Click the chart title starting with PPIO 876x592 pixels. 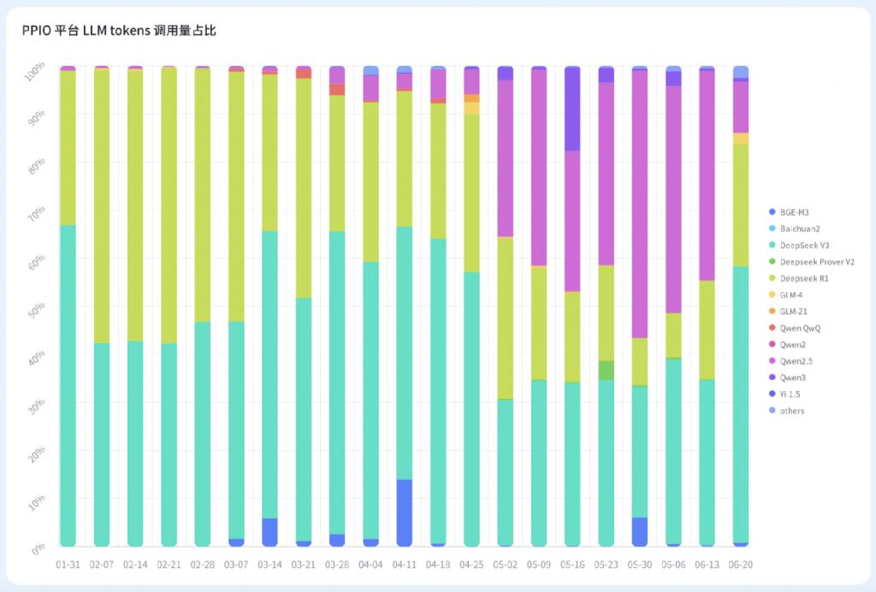click(x=119, y=32)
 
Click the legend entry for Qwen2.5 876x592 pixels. click(x=797, y=361)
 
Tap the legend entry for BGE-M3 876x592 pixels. click(x=795, y=211)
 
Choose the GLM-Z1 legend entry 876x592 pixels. click(x=796, y=311)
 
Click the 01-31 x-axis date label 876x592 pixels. click(x=68, y=565)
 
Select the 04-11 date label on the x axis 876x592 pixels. click(x=404, y=565)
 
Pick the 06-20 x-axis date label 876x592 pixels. click(x=741, y=565)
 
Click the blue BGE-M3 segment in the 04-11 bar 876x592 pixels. click(x=404, y=512)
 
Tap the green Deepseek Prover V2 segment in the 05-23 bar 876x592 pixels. click(x=607, y=370)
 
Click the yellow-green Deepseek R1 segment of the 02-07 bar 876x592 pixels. click(x=101, y=205)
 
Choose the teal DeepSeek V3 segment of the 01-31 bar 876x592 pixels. click(x=68, y=385)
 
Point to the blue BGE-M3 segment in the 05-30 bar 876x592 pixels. click(x=640, y=531)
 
